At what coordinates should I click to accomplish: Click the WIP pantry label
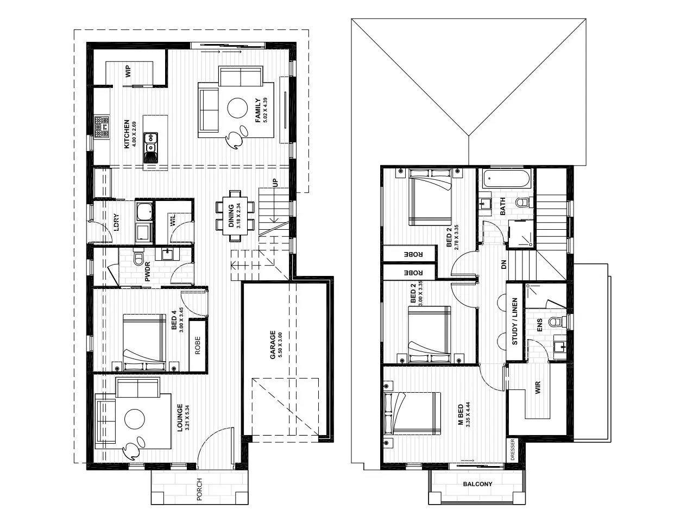pyautogui.click(x=129, y=71)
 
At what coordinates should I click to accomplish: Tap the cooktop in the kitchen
pyautogui.click(x=102, y=127)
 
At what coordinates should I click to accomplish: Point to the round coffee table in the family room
pyautogui.click(x=237, y=108)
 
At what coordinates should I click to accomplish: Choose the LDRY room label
pyautogui.click(x=116, y=222)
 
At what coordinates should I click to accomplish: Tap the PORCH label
pyautogui.click(x=199, y=489)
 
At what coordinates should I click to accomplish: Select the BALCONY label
pyautogui.click(x=477, y=484)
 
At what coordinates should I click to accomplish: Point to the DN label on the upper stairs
pyautogui.click(x=503, y=265)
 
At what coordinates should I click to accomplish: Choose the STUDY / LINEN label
pyautogui.click(x=515, y=322)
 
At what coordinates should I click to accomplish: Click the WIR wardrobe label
pyautogui.click(x=538, y=388)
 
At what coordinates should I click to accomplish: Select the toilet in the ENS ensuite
pyautogui.click(x=555, y=322)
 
